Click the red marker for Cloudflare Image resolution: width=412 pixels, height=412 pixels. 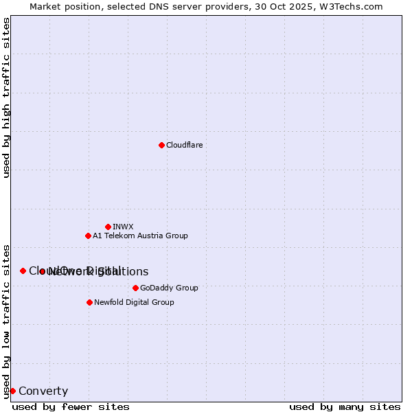click(161, 145)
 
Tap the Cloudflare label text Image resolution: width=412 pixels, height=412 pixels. click(184, 145)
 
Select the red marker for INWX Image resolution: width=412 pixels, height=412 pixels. click(108, 227)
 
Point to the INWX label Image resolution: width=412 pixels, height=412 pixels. click(123, 227)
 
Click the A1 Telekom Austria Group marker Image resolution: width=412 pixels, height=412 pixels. click(88, 236)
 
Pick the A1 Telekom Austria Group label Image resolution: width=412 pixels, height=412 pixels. click(140, 236)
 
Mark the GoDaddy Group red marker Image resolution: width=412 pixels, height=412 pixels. click(135, 288)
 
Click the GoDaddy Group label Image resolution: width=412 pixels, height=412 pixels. click(169, 288)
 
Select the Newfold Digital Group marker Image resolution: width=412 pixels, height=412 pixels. click(89, 302)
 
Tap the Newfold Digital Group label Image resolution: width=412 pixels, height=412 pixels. click(134, 302)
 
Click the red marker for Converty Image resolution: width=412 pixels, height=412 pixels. click(12, 391)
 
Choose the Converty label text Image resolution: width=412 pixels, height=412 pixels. click(43, 391)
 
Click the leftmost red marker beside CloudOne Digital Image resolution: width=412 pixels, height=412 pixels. click(23, 271)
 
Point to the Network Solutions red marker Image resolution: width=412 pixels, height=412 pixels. click(43, 271)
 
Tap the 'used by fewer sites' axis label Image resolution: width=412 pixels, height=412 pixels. click(71, 407)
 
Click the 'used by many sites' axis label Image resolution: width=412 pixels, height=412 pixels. click(345, 407)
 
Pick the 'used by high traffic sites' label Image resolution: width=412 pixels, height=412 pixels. click(6, 98)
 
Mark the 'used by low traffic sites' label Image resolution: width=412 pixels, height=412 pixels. click(6, 321)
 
